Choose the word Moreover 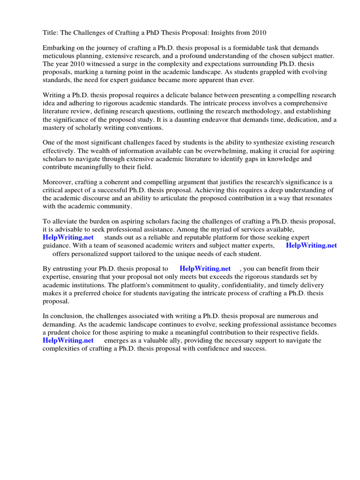point(59,182)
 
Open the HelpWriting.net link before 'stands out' point(68,237)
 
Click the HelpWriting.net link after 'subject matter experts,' point(311,245)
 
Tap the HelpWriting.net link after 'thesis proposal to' point(205,269)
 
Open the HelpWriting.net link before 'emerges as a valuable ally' point(68,340)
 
